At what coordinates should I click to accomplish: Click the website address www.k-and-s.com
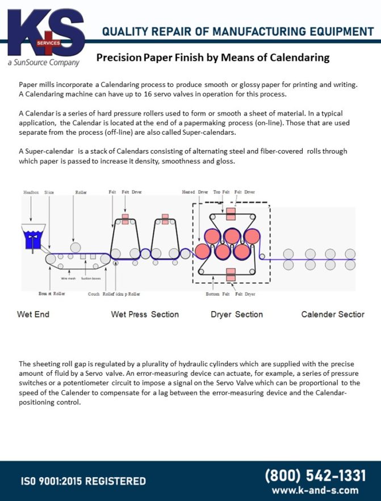pyautogui.click(x=315, y=490)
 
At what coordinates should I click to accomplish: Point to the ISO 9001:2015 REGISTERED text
pyautogui.click(x=83, y=481)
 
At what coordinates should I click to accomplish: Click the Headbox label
pyautogui.click(x=31, y=192)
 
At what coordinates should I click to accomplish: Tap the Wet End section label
pyautogui.click(x=33, y=314)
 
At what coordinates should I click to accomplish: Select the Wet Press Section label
pyautogui.click(x=145, y=314)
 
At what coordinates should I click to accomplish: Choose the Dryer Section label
pyautogui.click(x=237, y=314)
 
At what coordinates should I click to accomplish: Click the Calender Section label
pyautogui.click(x=333, y=314)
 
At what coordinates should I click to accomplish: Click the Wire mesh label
pyautogui.click(x=68, y=279)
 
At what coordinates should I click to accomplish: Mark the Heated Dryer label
pyautogui.click(x=195, y=192)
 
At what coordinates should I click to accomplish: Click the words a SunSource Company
pyautogui.click(x=43, y=63)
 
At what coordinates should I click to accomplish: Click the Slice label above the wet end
pyautogui.click(x=49, y=192)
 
